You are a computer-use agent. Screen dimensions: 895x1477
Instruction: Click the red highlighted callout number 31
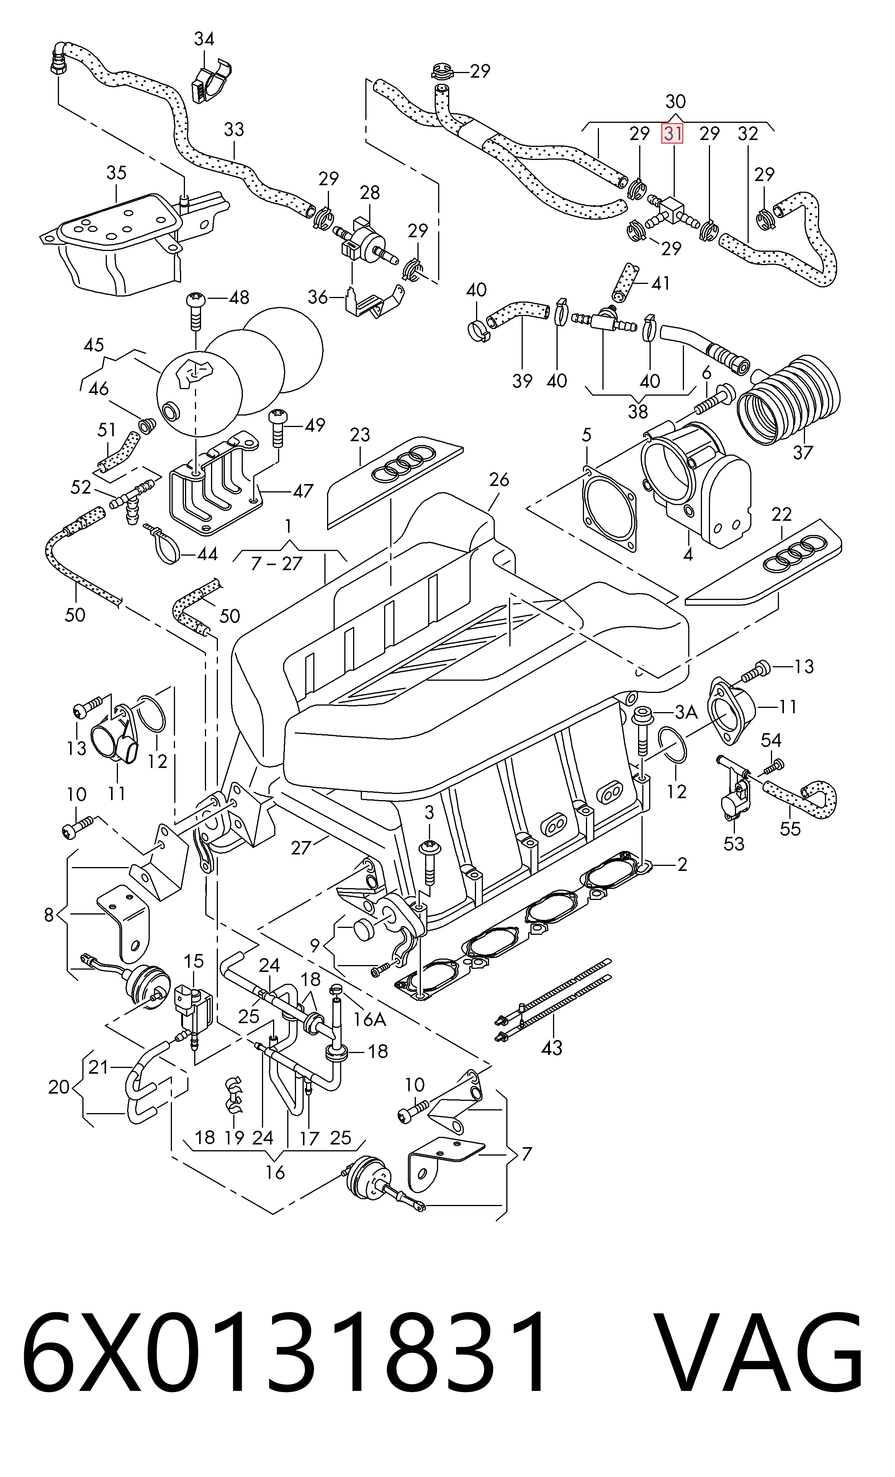[672, 134]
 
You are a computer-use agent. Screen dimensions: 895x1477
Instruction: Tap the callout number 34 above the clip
[204, 39]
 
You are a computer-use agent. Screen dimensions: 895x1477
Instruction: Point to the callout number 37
[803, 452]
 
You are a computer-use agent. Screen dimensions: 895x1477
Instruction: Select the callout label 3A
[686, 712]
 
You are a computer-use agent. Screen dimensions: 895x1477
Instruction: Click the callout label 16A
[370, 1019]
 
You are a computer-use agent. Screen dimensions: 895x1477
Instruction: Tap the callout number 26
[499, 479]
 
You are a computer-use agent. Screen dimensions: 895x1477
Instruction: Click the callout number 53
[734, 843]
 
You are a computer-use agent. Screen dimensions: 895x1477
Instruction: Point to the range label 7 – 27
[277, 564]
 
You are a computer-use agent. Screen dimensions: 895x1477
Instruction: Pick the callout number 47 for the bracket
[303, 491]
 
